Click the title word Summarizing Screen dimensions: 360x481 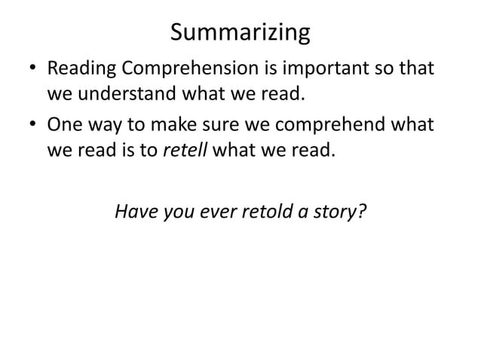click(x=240, y=33)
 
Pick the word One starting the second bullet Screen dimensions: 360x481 click(x=64, y=124)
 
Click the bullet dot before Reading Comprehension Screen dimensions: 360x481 click(x=31, y=71)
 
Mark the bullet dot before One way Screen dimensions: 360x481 click(x=31, y=124)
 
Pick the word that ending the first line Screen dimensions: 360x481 click(x=416, y=70)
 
